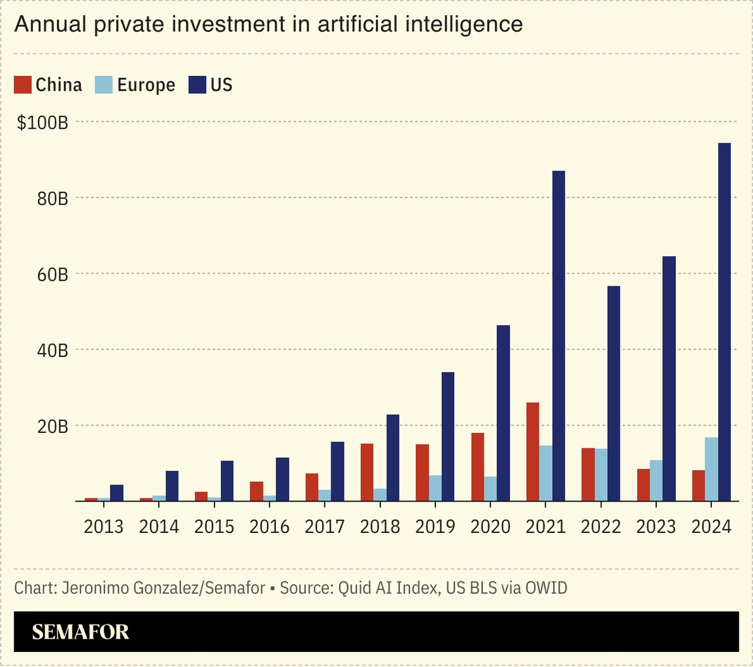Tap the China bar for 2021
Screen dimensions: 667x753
(x=533, y=451)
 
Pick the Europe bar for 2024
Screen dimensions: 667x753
(x=711, y=469)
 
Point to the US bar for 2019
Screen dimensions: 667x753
(x=448, y=436)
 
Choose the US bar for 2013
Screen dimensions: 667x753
(x=116, y=492)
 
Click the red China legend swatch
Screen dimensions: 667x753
(x=23, y=84)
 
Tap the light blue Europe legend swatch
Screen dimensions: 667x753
(x=104, y=84)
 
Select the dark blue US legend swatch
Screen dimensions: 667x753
(x=197, y=84)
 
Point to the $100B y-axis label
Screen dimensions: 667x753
(x=42, y=122)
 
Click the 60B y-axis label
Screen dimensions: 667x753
(x=53, y=274)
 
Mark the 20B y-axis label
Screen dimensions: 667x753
(x=53, y=426)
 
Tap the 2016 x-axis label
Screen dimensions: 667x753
(x=270, y=527)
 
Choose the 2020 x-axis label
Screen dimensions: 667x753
(x=491, y=527)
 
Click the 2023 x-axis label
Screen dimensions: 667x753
(x=656, y=527)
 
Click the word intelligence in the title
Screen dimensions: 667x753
(x=465, y=24)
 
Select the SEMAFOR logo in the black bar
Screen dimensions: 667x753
(x=80, y=632)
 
